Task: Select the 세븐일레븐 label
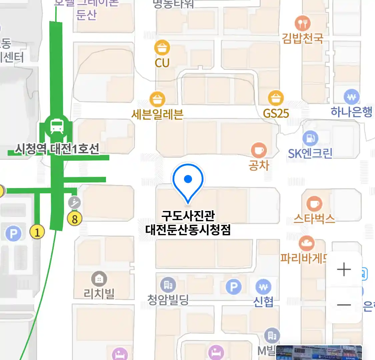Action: coord(157,114)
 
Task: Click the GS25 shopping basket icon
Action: coord(276,98)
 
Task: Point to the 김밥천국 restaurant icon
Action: coord(303,24)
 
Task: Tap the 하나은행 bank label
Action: coord(351,112)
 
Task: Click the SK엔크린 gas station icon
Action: coord(310,138)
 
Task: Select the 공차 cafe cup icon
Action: coord(259,150)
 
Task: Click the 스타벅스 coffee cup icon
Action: coord(314,204)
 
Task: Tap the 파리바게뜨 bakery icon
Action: coord(306,244)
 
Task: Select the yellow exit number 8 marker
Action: coord(75,219)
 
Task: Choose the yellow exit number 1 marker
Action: coord(37,231)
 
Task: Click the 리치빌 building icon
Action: coord(99,279)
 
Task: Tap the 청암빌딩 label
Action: coord(168,300)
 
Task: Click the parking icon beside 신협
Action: coord(234,287)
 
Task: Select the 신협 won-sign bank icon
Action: coord(263,287)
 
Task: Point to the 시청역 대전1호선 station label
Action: coord(57,149)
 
